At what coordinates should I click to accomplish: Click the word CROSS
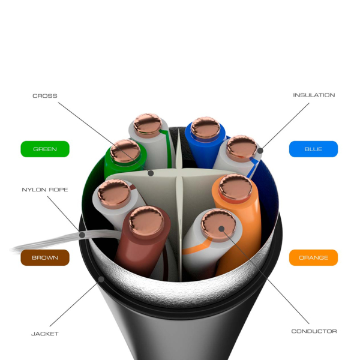coord(45,95)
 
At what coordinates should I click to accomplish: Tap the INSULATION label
coord(314,95)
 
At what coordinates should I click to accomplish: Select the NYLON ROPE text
coord(45,190)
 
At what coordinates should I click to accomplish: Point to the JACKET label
coord(45,333)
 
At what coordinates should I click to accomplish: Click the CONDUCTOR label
coord(314,331)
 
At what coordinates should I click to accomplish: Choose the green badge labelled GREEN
coord(45,149)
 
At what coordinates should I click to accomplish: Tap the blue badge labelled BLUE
coord(313,149)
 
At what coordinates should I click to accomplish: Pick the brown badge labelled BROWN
coord(45,257)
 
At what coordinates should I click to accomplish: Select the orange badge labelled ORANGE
coord(313,257)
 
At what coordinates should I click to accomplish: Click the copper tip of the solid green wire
coord(125,151)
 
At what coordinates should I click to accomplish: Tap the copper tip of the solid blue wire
coord(205,127)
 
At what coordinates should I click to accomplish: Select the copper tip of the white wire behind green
coord(147,125)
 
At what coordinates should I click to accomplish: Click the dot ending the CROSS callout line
coord(151,173)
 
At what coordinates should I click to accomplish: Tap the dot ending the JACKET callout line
coord(101,279)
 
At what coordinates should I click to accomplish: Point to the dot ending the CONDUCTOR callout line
coord(221,228)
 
